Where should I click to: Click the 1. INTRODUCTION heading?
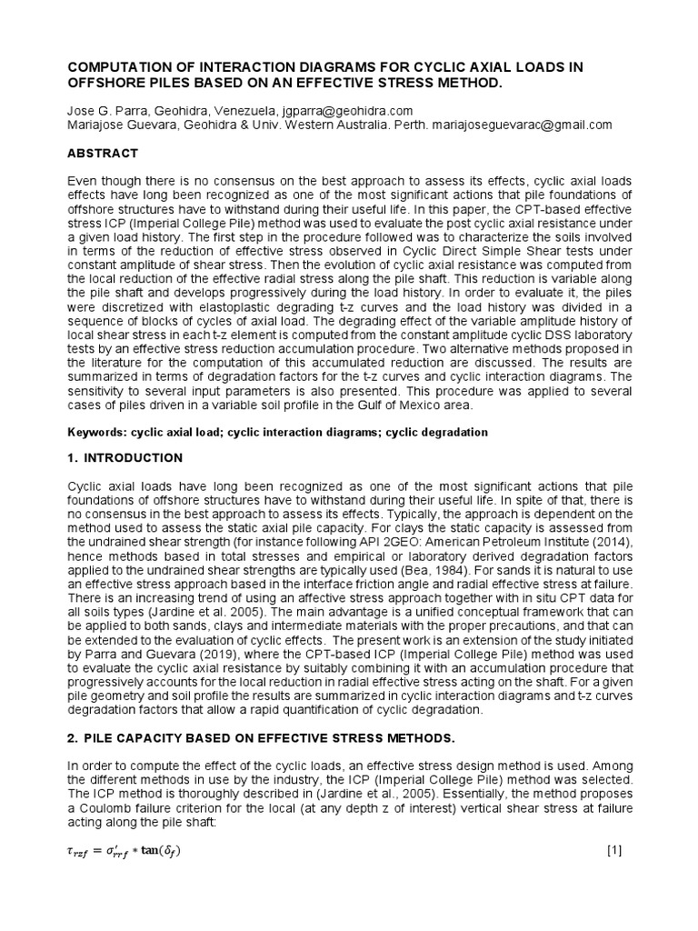coord(125,457)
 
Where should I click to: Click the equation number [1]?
coord(613,851)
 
